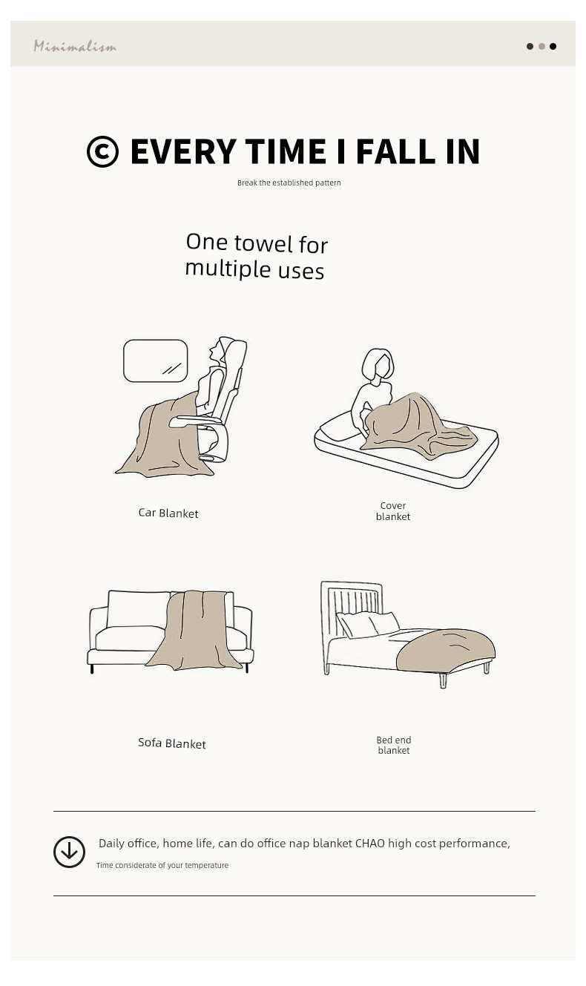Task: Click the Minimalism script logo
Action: tap(75, 46)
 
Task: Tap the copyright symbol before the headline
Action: tap(102, 151)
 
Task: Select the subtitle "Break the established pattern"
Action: tap(289, 183)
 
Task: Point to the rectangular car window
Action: tap(155, 361)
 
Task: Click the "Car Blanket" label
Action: tap(168, 513)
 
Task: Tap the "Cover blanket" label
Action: tap(393, 511)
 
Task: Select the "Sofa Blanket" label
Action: tap(171, 743)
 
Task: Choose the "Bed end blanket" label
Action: tap(394, 745)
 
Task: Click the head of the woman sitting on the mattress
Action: tap(378, 365)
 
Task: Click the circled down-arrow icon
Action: tap(69, 852)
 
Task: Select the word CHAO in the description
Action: tap(369, 843)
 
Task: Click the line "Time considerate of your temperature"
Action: tap(162, 865)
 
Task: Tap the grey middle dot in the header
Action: tap(541, 46)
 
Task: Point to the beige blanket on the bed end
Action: tap(445, 651)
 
